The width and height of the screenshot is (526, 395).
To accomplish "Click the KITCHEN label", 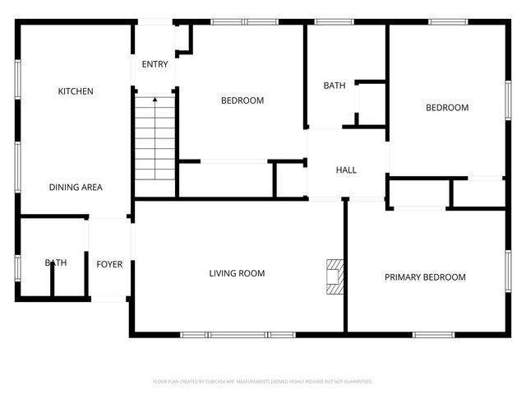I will (75, 91).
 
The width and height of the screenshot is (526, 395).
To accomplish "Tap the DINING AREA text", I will (75, 188).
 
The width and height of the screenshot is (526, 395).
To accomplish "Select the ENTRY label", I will (155, 64).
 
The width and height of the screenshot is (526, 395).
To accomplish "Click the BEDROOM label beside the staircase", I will (242, 101).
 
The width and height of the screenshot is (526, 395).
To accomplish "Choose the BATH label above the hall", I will (335, 86).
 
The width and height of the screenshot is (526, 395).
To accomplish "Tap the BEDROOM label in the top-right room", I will (446, 108).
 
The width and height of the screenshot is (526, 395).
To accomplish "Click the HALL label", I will (346, 170).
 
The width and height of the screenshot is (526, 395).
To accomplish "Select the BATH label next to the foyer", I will (56, 263).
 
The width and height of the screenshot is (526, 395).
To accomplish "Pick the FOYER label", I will (109, 264).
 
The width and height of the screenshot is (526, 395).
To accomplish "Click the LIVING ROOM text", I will (237, 273).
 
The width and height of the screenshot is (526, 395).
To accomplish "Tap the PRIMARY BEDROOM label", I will (425, 277).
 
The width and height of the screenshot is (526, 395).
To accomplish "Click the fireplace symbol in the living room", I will (333, 276).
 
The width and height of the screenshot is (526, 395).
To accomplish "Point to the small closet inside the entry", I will (183, 39).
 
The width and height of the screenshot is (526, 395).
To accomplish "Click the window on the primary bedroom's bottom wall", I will (433, 335).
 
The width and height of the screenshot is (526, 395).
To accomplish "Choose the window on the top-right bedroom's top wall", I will (447, 22).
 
